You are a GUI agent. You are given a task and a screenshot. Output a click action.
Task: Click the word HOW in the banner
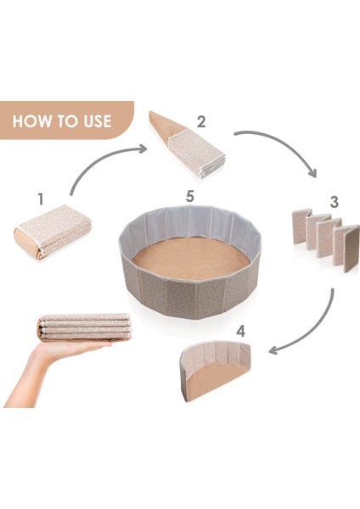click(x=32, y=121)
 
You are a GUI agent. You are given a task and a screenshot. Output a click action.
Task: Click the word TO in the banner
click(x=65, y=121)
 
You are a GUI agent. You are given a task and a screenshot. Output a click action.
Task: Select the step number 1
click(x=40, y=199)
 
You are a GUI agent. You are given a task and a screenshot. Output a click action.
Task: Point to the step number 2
click(x=201, y=121)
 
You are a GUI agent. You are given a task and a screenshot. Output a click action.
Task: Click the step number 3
click(x=335, y=202)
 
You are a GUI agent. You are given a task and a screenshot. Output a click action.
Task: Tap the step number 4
click(x=240, y=332)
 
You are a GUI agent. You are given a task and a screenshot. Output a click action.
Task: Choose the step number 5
click(x=189, y=197)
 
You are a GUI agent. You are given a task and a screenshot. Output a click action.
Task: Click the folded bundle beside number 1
click(x=53, y=232)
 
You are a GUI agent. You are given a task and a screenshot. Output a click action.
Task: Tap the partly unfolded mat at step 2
click(x=188, y=145)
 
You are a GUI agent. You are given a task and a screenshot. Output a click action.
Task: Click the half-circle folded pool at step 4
click(x=215, y=371)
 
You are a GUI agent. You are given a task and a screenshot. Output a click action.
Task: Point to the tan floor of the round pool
click(x=192, y=258)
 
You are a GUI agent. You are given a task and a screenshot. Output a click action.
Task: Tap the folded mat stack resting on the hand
click(x=85, y=327)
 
